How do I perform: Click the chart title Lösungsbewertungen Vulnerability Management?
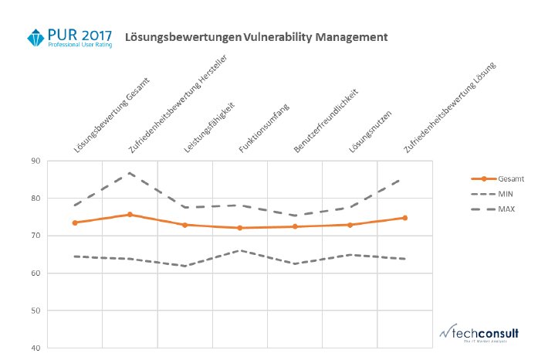pyautogui.click(x=256, y=37)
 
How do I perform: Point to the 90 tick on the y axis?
pyautogui.click(x=36, y=161)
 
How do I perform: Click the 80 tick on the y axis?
pyautogui.click(x=36, y=199)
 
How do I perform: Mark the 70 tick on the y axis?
pyautogui.click(x=36, y=236)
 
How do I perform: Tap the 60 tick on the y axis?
pyautogui.click(x=36, y=273)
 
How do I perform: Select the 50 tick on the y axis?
pyautogui.click(x=36, y=311)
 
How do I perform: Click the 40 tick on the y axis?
pyautogui.click(x=36, y=348)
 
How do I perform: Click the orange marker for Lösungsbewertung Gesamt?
pyautogui.click(x=75, y=222)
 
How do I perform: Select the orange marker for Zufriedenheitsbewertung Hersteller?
pyautogui.click(x=130, y=215)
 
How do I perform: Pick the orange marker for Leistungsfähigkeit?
pyautogui.click(x=184, y=225)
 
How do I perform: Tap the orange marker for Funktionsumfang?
pyautogui.click(x=239, y=228)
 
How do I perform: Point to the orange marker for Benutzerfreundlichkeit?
pyautogui.click(x=294, y=226)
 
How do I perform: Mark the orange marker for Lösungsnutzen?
pyautogui.click(x=350, y=225)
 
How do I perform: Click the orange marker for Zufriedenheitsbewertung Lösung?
pyautogui.click(x=404, y=218)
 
